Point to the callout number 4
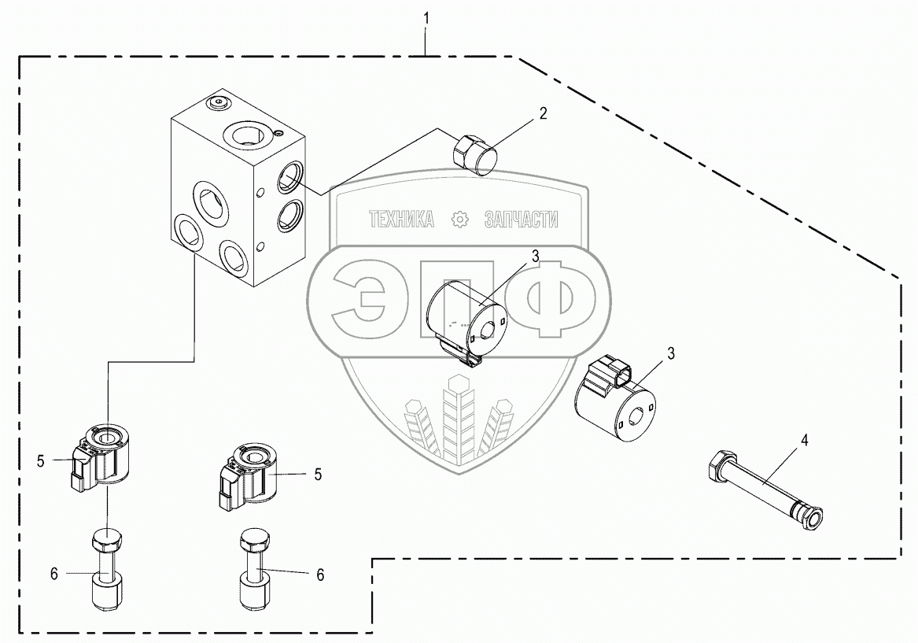804,439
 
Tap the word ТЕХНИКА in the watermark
402,220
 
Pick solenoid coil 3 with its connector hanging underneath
464,319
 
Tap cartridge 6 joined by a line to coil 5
105,571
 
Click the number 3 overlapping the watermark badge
535,256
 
